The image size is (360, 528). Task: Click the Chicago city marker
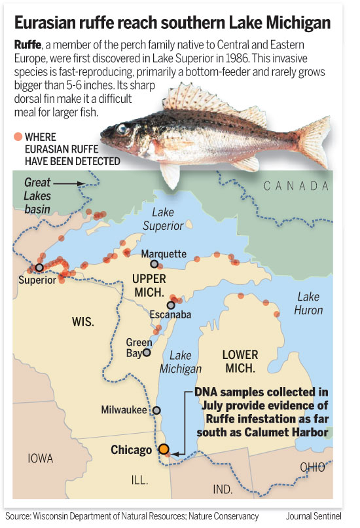pos(164,449)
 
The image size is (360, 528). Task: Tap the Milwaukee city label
pos(124,410)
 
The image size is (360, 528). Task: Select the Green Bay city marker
pos(147,352)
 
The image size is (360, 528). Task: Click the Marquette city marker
pos(154,264)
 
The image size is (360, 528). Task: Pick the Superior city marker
pos(39,267)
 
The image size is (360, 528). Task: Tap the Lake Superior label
pos(167,219)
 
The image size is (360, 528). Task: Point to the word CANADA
pos(296,187)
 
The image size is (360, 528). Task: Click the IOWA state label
pos(41,458)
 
